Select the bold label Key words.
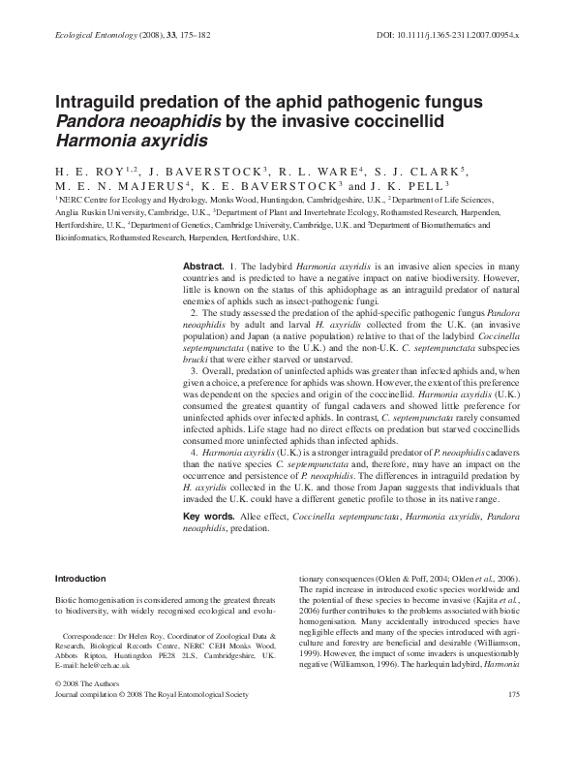208,517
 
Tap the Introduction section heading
80,578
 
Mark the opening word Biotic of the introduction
68,602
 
